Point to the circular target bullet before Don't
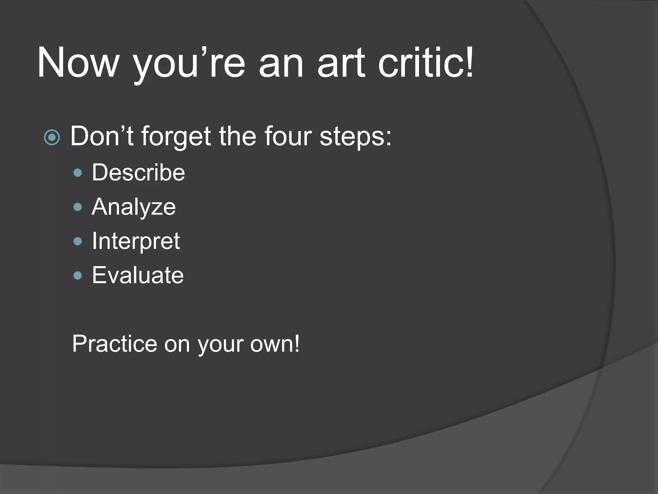tap(52, 138)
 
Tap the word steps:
tap(355, 136)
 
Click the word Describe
tap(138, 172)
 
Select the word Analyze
tap(134, 207)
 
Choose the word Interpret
tap(136, 241)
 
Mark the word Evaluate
tap(138, 275)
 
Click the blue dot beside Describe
tap(78, 173)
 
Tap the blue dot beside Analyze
tap(78, 207)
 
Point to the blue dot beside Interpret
tap(78, 241)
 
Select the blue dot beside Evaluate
tap(78, 275)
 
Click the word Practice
tap(114, 343)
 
